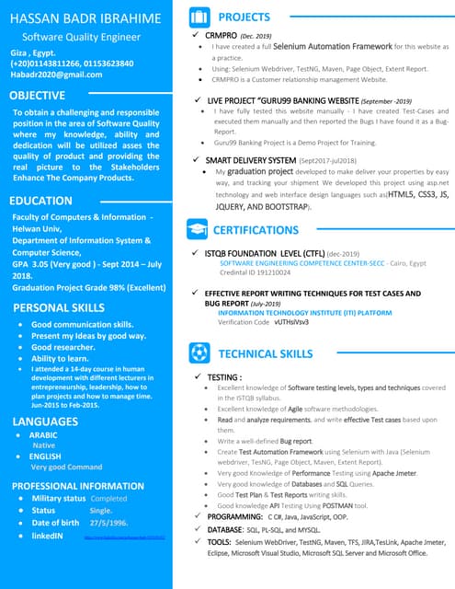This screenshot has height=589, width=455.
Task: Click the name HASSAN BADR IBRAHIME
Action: [x=85, y=17]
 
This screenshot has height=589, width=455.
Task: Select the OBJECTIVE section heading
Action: [x=37, y=95]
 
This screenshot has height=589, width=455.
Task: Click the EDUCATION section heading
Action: [x=40, y=200]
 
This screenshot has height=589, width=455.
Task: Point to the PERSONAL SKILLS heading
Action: [x=59, y=306]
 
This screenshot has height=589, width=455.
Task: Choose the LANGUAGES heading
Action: [x=46, y=421]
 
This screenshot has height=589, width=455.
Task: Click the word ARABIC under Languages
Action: [x=43, y=434]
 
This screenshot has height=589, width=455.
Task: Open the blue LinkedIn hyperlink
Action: [x=123, y=536]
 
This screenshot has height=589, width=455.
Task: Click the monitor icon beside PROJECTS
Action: [x=199, y=17]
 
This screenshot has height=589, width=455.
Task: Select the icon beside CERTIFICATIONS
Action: [x=199, y=229]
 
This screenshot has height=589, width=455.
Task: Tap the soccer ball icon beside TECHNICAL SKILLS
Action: [x=199, y=352]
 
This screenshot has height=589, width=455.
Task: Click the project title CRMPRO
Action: [x=222, y=34]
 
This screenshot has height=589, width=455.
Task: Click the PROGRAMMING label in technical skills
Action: [x=234, y=517]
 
